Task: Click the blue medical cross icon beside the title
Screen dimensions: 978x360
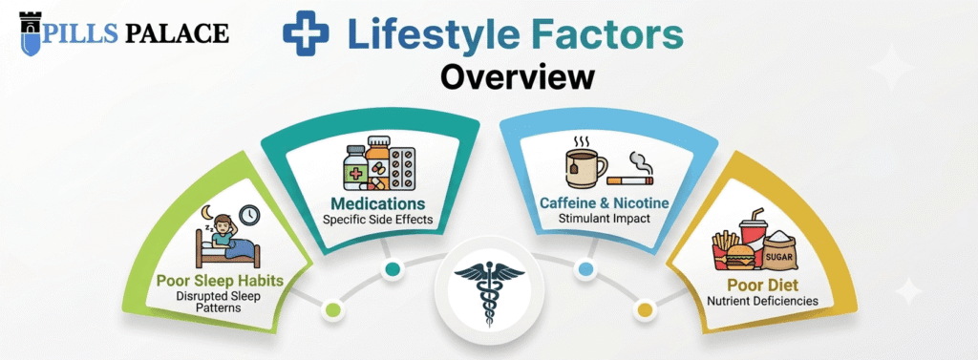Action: tap(306, 33)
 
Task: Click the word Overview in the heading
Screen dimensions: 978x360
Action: tap(517, 76)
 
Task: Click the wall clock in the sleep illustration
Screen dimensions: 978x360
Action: tap(249, 215)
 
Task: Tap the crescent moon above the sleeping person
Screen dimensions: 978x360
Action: tap(206, 214)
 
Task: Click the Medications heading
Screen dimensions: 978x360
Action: tap(378, 203)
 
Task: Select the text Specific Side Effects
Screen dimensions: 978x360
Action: tap(378, 220)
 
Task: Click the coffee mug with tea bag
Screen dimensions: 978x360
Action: tap(585, 163)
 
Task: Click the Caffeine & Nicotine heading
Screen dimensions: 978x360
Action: tap(604, 202)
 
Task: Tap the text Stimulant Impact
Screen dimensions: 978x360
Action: tap(604, 219)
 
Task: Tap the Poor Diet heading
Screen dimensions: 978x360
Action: tap(762, 285)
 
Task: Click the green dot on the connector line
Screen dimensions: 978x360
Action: tap(332, 308)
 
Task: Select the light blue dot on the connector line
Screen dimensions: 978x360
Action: tap(585, 269)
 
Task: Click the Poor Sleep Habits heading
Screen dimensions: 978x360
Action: tap(221, 281)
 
